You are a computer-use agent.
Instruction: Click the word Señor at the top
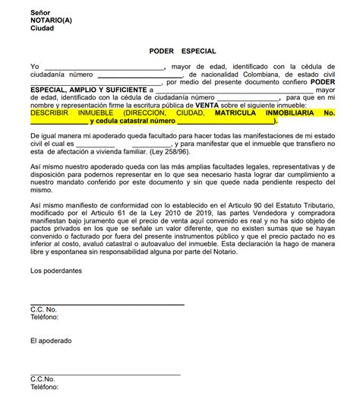[41, 13]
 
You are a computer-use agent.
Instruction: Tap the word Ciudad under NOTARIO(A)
[43, 28]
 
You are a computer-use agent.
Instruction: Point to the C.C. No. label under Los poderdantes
[44, 310]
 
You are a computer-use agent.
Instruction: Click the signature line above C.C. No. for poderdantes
[106, 304]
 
